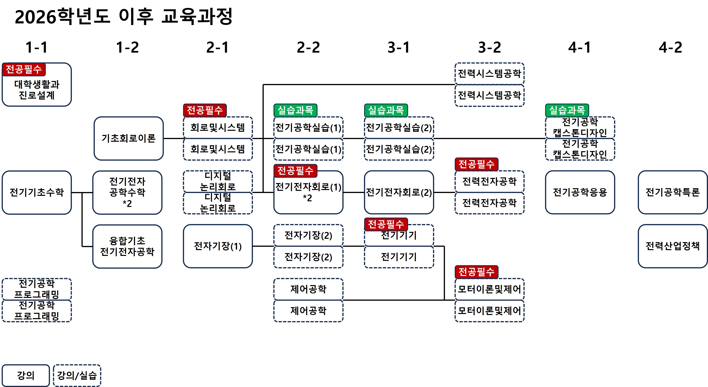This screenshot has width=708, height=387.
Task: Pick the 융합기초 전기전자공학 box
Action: [127, 246]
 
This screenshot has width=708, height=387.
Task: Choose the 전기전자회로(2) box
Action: [399, 192]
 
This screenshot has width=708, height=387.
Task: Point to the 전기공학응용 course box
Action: [580, 192]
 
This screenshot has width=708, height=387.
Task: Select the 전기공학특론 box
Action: [672, 192]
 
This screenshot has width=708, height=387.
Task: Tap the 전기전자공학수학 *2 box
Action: [127, 192]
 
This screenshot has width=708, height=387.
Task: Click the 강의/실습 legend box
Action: [77, 375]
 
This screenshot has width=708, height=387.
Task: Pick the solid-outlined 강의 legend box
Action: [26, 375]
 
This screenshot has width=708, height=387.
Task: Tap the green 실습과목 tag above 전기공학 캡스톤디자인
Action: [567, 110]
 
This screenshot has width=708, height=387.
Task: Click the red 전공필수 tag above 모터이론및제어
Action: [476, 272]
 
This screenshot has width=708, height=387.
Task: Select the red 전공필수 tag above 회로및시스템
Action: [205, 110]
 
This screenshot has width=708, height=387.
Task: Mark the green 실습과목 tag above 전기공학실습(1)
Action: [295, 110]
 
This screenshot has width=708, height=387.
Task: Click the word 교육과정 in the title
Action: [197, 16]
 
